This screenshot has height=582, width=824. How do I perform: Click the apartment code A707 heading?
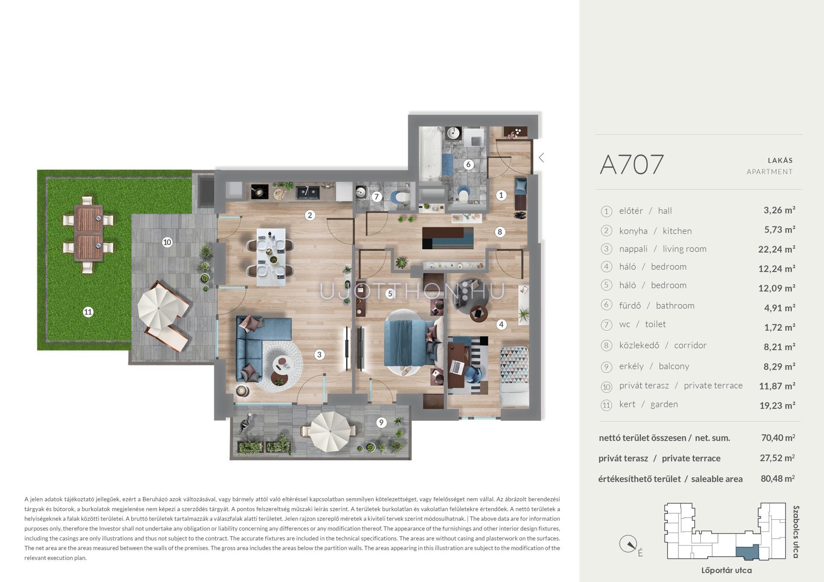click(x=631, y=164)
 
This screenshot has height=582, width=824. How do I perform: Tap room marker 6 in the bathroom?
click(x=468, y=164)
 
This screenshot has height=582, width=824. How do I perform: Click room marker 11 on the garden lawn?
click(x=88, y=312)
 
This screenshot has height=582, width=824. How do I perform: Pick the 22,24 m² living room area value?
click(x=777, y=249)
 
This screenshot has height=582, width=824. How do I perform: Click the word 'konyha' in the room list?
click(x=633, y=231)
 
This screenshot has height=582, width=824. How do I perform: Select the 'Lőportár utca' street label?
click(x=726, y=570)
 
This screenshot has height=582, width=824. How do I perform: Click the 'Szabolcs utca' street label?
click(x=796, y=532)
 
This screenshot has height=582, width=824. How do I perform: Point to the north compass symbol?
click(x=629, y=545)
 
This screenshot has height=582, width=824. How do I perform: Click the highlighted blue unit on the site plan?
click(x=747, y=552)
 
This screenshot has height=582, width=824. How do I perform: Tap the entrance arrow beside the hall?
click(x=542, y=157)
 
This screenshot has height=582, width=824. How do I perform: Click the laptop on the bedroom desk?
click(x=456, y=367)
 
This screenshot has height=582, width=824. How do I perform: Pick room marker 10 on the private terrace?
click(x=167, y=242)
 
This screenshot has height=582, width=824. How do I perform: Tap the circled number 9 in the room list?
click(x=606, y=367)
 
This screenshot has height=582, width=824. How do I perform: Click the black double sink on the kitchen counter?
click(x=307, y=191)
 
